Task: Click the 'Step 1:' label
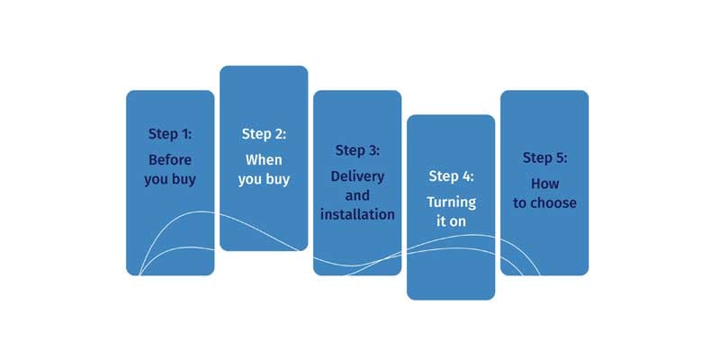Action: click(170, 134)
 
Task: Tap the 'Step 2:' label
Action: click(264, 134)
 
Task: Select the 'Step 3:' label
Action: click(357, 149)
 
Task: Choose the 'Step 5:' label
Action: click(544, 157)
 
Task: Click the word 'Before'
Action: click(170, 160)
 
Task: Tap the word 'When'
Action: click(264, 160)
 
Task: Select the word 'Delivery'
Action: click(357, 175)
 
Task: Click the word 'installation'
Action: click(357, 214)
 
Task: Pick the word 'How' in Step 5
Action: click(544, 184)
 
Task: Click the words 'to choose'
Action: click(544, 203)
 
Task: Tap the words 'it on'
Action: click(451, 220)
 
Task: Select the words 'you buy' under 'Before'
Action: click(170, 180)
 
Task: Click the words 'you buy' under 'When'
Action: click(264, 180)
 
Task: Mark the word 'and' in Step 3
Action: click(357, 194)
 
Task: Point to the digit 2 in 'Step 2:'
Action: click(278, 134)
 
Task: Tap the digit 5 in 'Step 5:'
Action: click(559, 157)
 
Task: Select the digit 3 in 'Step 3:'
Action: click(372, 149)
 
